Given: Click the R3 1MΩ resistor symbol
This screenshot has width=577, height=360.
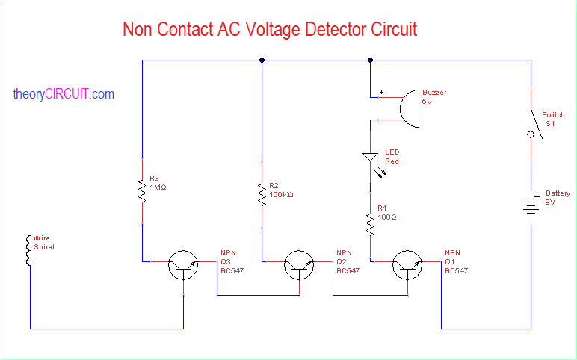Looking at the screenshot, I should [x=141, y=190].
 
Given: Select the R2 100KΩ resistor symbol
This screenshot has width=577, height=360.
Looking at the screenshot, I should [x=262, y=193].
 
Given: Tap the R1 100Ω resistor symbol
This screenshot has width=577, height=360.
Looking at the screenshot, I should [x=370, y=223].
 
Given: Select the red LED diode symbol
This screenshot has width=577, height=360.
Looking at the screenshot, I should [x=371, y=158].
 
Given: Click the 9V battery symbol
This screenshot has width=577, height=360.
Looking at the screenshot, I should [x=531, y=205].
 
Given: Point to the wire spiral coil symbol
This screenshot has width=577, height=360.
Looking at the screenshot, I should [x=29, y=251].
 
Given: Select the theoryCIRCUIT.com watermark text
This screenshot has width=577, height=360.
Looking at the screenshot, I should [x=64, y=94].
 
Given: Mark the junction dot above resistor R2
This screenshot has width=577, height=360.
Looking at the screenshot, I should [x=262, y=60].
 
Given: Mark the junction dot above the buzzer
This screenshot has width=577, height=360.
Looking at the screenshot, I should [x=370, y=60].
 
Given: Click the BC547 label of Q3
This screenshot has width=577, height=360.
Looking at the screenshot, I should [x=232, y=271].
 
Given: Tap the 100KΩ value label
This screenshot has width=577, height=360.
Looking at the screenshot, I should [x=282, y=194].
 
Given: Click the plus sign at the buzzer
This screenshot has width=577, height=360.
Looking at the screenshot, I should [x=381, y=93].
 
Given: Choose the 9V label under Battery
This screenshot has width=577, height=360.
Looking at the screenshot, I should [x=551, y=202].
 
